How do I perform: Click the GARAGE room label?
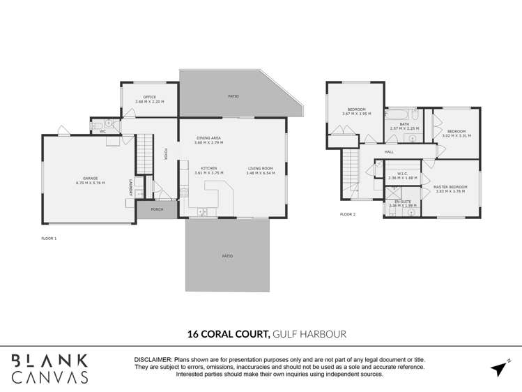coord(90,179)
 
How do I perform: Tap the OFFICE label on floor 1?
coord(149,97)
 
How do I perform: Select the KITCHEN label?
coord(209,168)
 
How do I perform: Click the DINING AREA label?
coord(209,138)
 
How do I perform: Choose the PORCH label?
coord(157,209)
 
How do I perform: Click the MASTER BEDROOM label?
coord(450,187)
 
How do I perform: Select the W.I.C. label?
coord(402,174)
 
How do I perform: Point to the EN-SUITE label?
coord(402,202)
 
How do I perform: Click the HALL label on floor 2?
coord(389,151)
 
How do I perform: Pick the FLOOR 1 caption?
coord(49,239)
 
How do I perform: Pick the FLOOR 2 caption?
coord(347,214)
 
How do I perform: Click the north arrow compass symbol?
coord(499,368)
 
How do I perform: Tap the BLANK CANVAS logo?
coord(50,368)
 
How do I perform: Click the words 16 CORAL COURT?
coord(227,334)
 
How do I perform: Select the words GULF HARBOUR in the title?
coord(309,334)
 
